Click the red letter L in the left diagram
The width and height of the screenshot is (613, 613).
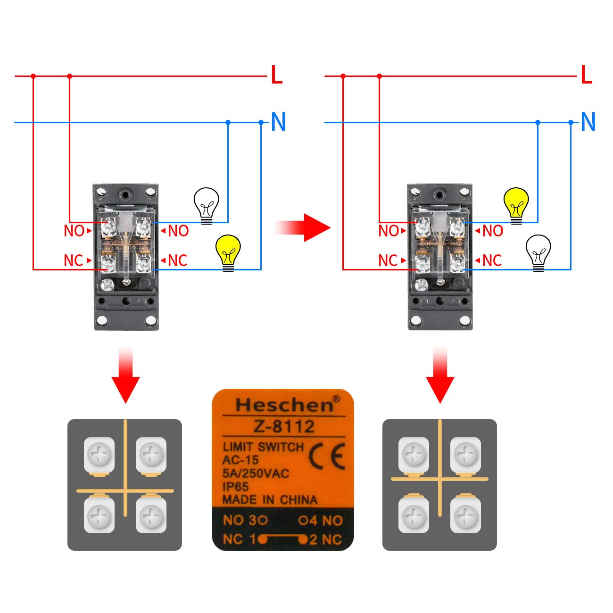point(277,75)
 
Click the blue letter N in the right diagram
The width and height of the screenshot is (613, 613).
point(588,122)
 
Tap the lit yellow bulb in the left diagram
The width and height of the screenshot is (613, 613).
point(228,252)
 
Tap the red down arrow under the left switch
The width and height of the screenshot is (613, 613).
point(125,378)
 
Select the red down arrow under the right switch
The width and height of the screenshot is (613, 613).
point(440,378)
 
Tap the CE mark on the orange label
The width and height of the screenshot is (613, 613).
point(327,456)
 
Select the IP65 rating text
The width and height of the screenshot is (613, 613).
point(235,487)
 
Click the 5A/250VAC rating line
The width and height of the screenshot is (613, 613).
point(256,473)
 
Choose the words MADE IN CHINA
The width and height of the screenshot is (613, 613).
point(270,500)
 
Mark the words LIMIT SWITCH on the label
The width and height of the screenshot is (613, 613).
point(263,446)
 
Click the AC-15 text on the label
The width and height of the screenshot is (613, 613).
point(240,460)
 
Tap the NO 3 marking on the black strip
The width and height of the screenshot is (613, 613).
point(245,521)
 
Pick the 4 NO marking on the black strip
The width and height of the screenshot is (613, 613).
point(321,521)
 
